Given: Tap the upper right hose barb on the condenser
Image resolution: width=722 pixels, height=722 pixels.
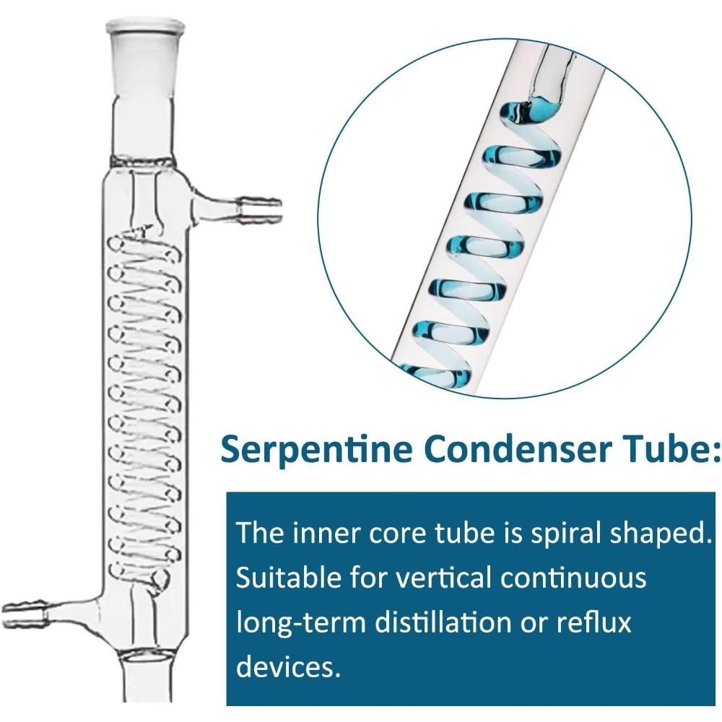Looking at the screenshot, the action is [x=258, y=211].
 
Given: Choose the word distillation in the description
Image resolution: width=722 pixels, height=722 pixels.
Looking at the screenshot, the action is [x=443, y=622].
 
